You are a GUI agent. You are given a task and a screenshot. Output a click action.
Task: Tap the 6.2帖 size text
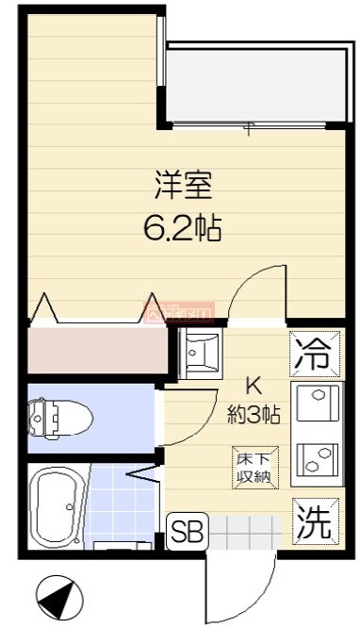(x=183, y=227)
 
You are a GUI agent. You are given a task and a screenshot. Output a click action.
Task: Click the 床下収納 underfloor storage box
(x=254, y=469)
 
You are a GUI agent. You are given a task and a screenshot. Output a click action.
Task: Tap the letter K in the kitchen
(x=253, y=386)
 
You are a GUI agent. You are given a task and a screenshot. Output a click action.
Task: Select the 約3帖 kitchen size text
(x=253, y=412)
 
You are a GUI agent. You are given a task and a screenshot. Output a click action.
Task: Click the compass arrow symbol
(x=57, y=597)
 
